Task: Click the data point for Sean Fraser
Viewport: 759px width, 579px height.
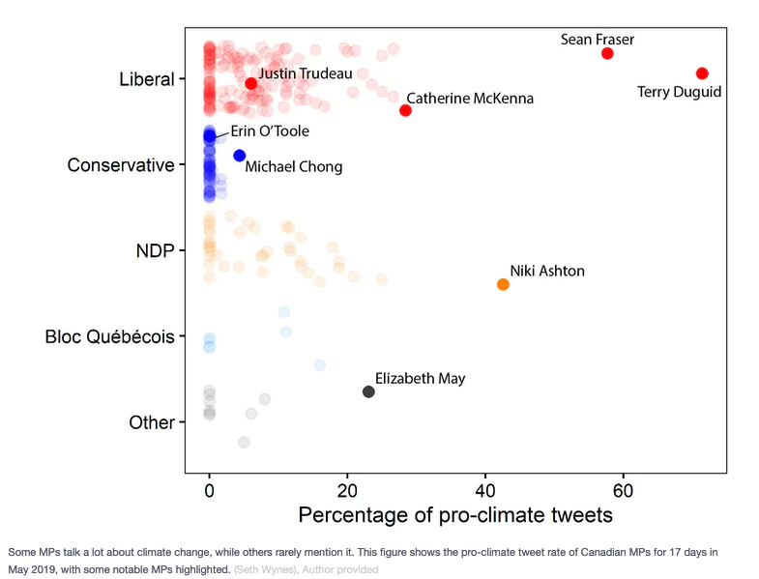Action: point(607,53)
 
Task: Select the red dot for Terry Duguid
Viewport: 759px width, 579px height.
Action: point(702,73)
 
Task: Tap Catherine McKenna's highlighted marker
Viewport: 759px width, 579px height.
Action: point(405,110)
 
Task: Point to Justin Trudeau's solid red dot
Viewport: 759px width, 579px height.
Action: point(251,83)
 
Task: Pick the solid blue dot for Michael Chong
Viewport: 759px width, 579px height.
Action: point(240,155)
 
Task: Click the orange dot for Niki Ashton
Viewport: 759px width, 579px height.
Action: point(503,284)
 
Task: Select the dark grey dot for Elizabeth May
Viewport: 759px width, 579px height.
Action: point(368,391)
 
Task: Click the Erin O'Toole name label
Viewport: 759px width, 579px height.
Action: point(270,130)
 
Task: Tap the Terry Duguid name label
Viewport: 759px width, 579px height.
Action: point(680,93)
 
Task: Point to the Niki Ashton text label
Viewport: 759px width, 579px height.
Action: point(547,271)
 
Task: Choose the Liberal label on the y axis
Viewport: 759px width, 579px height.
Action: point(146,78)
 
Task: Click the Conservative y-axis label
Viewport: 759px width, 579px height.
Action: point(121,165)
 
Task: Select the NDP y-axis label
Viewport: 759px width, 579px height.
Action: point(155,251)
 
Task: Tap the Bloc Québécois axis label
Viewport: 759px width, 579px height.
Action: point(109,337)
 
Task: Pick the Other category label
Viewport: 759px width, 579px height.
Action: point(152,422)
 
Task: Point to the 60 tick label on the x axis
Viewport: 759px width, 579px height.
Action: point(623,490)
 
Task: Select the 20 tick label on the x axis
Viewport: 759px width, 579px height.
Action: point(347,490)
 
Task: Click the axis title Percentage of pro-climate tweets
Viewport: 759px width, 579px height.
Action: point(454,515)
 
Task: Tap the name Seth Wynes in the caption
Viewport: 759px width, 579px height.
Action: point(264,569)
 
